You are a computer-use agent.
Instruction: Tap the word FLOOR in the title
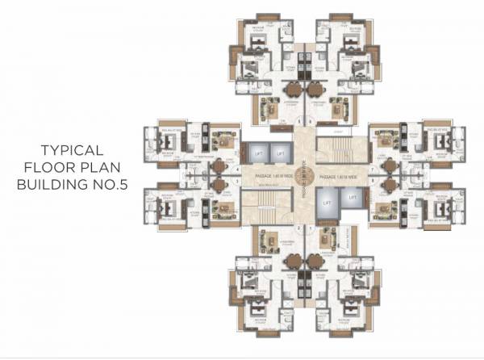51,168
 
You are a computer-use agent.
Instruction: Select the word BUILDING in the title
48,186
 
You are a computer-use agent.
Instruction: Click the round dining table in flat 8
390,185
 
